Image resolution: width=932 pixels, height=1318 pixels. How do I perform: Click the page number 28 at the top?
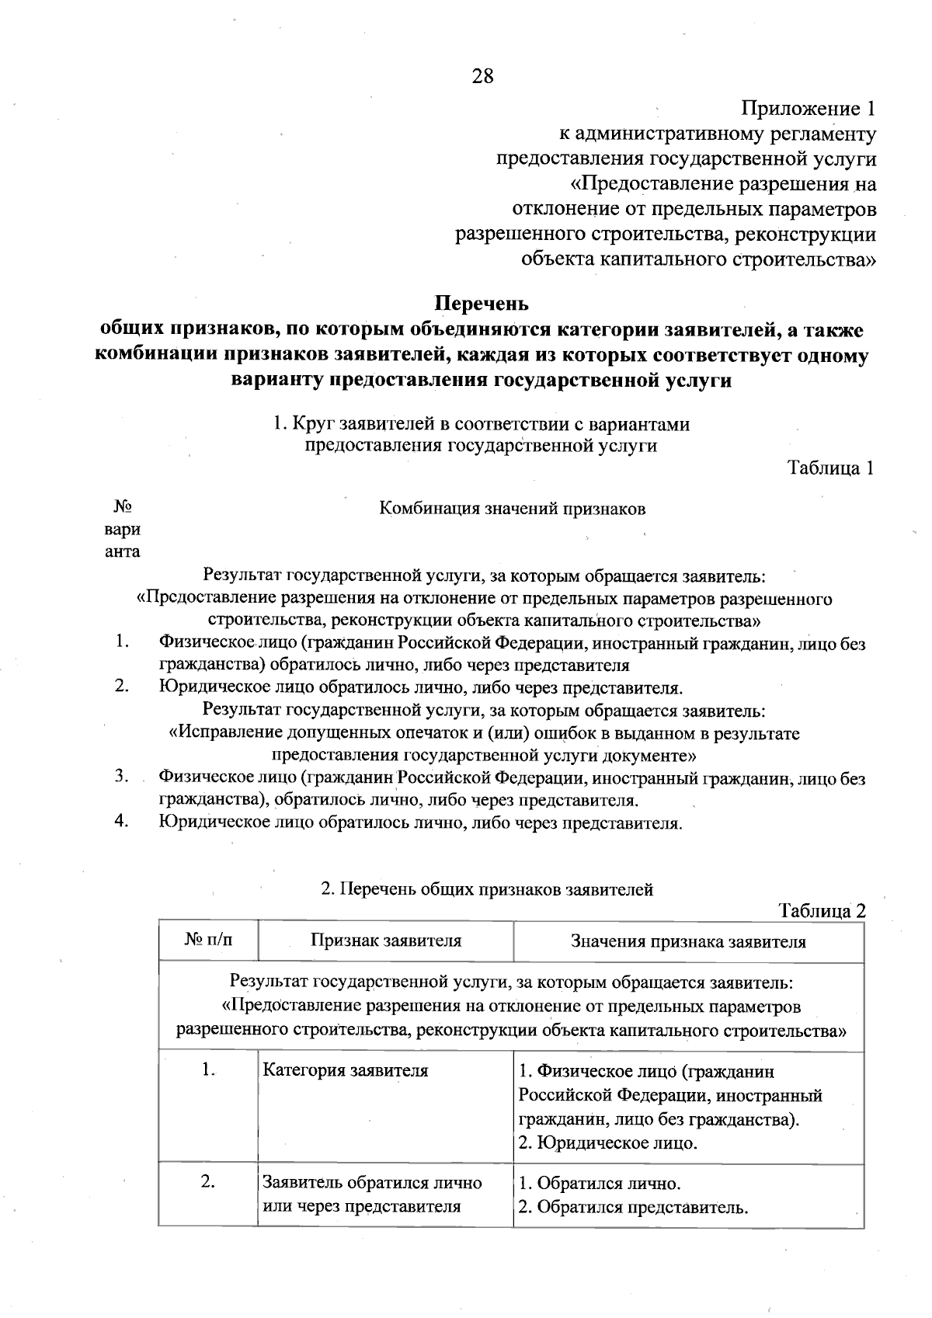(x=482, y=76)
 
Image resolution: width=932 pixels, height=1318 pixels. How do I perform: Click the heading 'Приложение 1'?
(x=809, y=108)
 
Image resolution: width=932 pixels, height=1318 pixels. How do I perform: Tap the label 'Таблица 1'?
(x=832, y=468)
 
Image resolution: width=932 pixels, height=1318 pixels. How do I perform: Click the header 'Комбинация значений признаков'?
(x=513, y=509)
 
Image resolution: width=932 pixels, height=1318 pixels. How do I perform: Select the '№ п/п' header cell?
(x=208, y=941)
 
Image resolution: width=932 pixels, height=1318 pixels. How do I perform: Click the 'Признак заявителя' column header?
(x=386, y=941)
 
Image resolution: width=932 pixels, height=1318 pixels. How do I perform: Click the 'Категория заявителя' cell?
(x=346, y=1070)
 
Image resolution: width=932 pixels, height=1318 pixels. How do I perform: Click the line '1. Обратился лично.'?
(x=600, y=1184)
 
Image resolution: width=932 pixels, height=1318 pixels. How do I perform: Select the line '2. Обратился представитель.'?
(x=633, y=1207)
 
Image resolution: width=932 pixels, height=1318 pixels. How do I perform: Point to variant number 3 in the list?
(x=121, y=776)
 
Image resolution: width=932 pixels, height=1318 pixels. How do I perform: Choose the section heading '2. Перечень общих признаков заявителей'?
(x=487, y=889)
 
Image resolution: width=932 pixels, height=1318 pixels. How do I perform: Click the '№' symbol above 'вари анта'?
(x=123, y=507)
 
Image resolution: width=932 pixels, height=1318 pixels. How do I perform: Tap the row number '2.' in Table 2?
(x=207, y=1182)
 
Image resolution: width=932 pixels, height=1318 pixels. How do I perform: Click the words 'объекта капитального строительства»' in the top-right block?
(x=699, y=259)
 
